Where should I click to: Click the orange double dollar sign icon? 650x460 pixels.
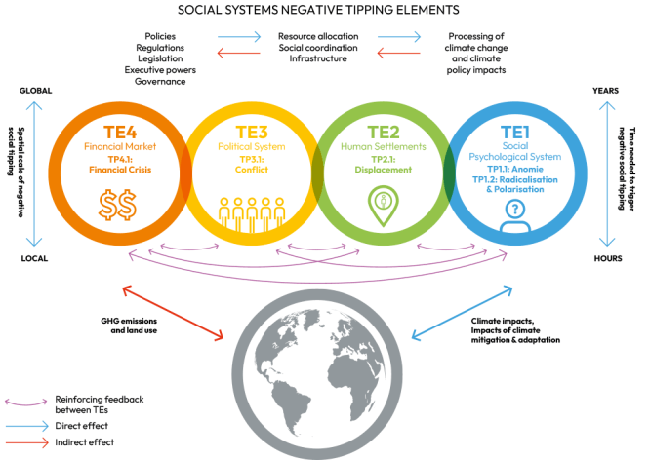click(117, 205)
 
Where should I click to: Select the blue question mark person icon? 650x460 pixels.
click(515, 215)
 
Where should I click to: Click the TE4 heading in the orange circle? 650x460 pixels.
click(120, 133)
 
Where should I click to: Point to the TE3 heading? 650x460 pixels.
click(252, 133)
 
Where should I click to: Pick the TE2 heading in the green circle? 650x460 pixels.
click(384, 133)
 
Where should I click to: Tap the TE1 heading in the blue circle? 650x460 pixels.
click(515, 133)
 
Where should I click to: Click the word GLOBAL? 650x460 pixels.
click(36, 91)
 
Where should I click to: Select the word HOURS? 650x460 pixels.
click(608, 259)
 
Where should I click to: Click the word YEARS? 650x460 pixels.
click(606, 91)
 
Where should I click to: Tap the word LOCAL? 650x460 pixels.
click(34, 259)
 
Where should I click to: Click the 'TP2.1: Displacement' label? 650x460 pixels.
click(384, 165)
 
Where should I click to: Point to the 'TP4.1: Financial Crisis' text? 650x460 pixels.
click(120, 165)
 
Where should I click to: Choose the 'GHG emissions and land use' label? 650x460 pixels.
click(129, 326)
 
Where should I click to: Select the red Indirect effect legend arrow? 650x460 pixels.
click(27, 442)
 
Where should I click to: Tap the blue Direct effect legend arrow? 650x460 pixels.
click(27, 426)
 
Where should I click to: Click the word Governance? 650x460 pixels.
click(160, 82)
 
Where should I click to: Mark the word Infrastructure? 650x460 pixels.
click(318, 58)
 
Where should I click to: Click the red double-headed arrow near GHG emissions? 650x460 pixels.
click(173, 313)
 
